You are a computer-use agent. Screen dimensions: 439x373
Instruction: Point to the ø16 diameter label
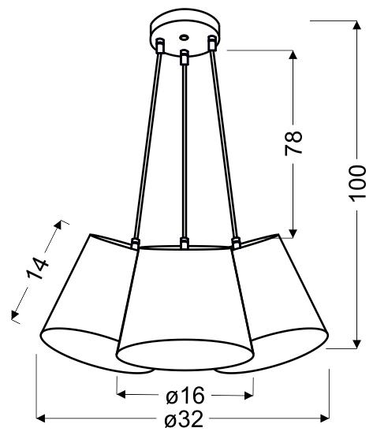[185, 394]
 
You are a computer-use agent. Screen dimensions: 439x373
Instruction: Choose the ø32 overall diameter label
[184, 421]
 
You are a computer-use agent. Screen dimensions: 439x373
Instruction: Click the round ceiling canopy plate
[184, 32]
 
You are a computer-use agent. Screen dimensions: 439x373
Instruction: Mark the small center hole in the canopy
[184, 36]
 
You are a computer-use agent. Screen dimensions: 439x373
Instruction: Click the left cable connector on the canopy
[159, 47]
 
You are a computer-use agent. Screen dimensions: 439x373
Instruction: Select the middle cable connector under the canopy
[184, 57]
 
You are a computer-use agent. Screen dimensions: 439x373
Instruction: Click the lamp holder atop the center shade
[184, 244]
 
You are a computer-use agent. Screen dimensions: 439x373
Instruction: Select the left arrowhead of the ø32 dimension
[42, 419]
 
